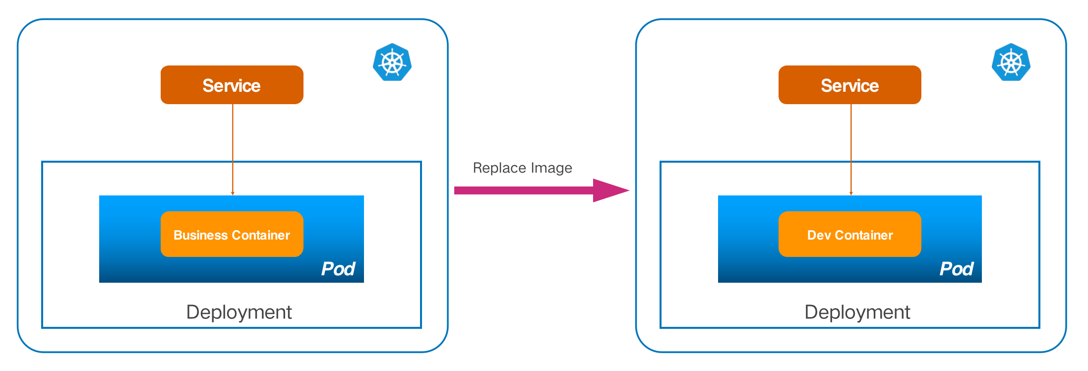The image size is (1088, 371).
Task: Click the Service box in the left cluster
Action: point(232,85)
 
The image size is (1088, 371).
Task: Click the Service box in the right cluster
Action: point(849,85)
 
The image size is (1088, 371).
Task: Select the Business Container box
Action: point(232,234)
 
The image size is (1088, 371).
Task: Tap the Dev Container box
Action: point(849,234)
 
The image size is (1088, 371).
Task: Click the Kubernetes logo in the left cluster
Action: point(392,62)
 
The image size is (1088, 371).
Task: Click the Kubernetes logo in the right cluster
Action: point(1011,62)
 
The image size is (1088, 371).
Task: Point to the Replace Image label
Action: point(522,168)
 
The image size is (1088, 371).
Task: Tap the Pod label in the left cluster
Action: point(338,269)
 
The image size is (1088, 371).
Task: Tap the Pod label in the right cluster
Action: point(956,269)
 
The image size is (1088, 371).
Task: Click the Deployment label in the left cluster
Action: point(239,312)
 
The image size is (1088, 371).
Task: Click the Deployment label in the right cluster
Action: point(857,312)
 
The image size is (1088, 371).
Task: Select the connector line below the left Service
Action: point(233,149)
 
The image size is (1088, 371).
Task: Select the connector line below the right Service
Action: point(851,149)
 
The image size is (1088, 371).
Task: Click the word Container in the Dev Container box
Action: point(864,235)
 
